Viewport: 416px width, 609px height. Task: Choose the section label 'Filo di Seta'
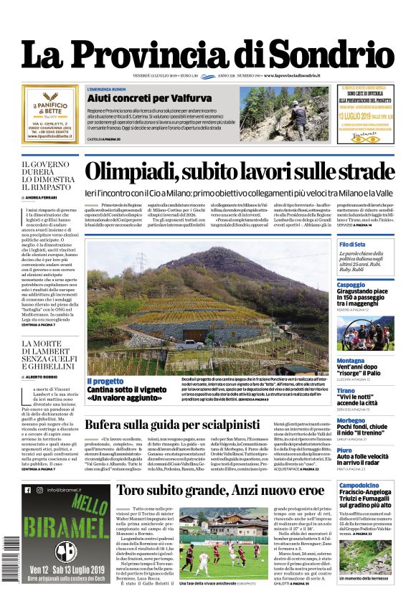[352, 245]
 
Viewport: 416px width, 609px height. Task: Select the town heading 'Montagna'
[351, 361]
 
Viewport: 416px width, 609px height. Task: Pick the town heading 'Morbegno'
[352, 420]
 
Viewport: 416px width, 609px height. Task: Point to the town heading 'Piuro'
[345, 450]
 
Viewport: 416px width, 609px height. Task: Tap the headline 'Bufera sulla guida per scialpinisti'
[172, 424]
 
